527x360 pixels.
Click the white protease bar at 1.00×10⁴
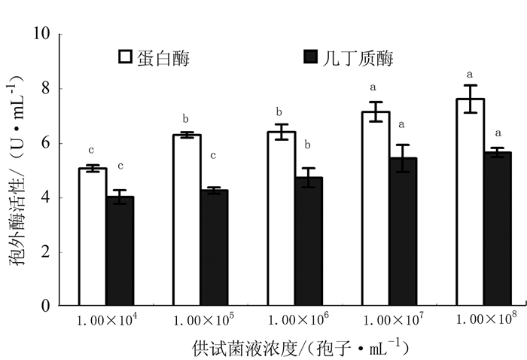(93, 236)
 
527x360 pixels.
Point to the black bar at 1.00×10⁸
(498, 229)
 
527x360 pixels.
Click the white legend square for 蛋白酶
(126, 57)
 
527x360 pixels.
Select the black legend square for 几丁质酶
(309, 57)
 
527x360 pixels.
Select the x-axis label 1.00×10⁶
(299, 319)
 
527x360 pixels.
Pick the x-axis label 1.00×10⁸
(486, 319)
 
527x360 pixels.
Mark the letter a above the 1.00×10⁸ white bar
(470, 75)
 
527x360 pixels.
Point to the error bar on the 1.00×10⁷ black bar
(403, 158)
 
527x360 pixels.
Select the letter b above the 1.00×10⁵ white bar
(186, 118)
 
